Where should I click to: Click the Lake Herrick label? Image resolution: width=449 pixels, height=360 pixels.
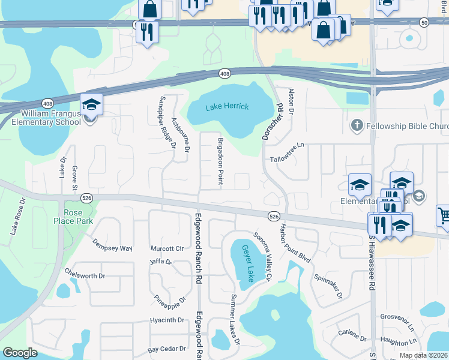tap(227, 107)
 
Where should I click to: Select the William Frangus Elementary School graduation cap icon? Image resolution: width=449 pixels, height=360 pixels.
tap(91, 105)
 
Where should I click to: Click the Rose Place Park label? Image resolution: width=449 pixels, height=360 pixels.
tap(77, 217)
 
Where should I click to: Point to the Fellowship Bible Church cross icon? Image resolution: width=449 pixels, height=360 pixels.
tap(357, 125)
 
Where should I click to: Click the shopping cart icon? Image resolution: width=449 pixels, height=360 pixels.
tap(443, 215)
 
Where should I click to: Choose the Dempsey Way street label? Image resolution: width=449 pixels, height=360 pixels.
tap(112, 245)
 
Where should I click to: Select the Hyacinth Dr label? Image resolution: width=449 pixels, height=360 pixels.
tap(167, 320)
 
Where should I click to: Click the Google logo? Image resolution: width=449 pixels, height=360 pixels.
tap(20, 353)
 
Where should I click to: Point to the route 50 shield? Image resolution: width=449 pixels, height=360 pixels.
tap(424, 22)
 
